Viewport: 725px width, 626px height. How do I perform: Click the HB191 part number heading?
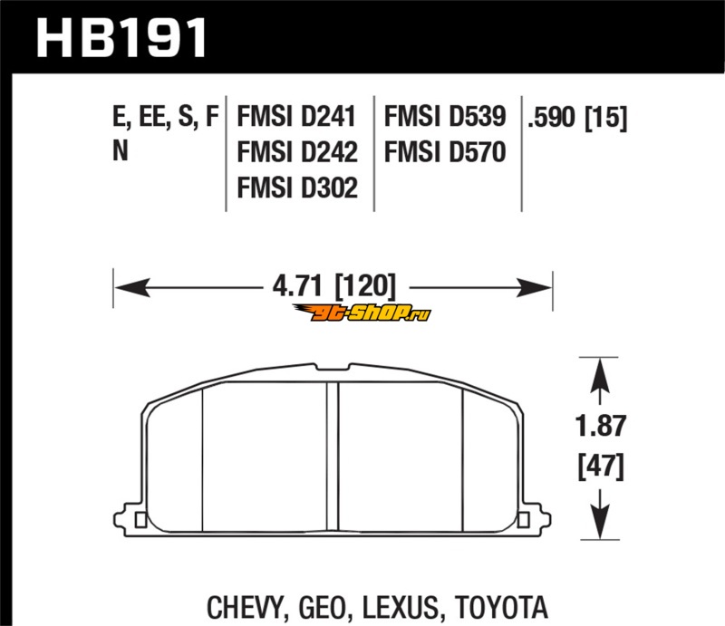click(x=121, y=38)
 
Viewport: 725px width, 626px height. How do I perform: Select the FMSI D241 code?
click(x=296, y=116)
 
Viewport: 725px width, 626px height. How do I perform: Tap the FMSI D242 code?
click(x=297, y=152)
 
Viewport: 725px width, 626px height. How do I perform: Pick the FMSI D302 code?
click(x=297, y=188)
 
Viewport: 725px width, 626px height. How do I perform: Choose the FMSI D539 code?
click(x=445, y=116)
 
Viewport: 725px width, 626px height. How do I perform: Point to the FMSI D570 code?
click(x=445, y=152)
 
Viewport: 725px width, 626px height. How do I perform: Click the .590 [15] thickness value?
click(x=577, y=118)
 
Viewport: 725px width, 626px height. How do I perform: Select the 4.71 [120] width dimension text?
click(x=334, y=286)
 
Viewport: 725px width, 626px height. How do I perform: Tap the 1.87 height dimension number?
click(x=601, y=426)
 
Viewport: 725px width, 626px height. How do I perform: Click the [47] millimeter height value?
click(x=601, y=467)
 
